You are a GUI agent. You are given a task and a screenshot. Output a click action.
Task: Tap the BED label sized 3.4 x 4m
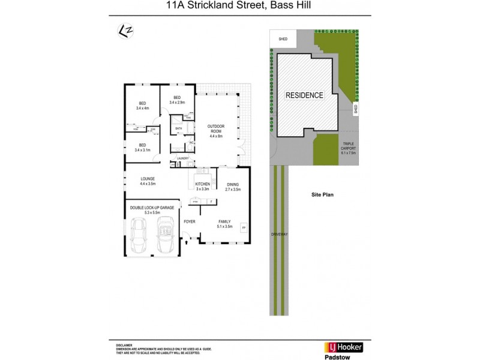142,105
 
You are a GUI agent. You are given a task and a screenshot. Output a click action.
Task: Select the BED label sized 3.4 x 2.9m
177,100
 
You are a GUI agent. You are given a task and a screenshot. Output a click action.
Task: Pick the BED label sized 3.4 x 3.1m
142,147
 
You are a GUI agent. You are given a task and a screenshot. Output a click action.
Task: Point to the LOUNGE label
148,180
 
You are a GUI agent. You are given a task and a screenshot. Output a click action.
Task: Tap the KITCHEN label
202,186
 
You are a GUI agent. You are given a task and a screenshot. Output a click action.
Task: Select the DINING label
233,186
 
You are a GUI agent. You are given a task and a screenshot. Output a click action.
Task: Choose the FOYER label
190,221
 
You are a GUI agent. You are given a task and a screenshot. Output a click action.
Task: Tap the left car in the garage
139,235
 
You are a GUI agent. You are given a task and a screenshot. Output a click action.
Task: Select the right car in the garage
164,235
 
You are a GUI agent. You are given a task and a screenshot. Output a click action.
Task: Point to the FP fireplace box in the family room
243,229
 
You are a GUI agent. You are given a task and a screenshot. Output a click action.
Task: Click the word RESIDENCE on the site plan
304,95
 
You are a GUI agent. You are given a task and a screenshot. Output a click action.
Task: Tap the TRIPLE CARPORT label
349,148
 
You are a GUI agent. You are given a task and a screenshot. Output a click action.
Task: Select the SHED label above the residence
283,40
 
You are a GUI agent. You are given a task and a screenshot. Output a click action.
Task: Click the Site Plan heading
322,194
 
